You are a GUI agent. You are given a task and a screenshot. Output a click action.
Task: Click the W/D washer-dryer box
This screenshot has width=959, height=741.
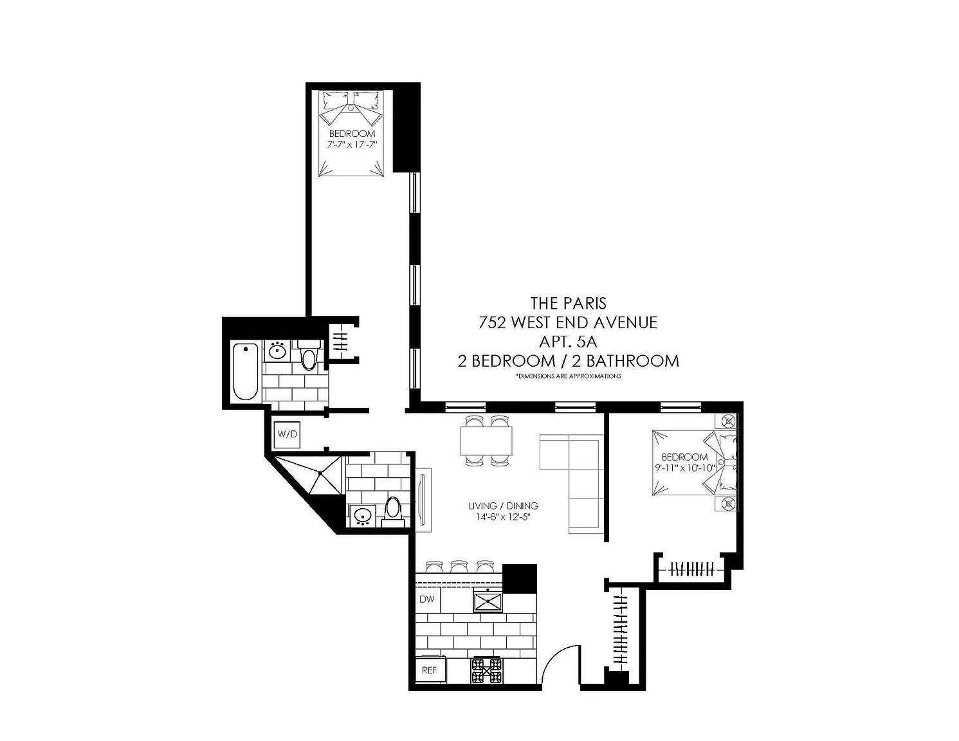288,434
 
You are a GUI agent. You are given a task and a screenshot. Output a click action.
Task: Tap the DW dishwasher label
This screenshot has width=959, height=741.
427,599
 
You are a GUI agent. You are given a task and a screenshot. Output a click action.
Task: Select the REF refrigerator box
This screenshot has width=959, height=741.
430,670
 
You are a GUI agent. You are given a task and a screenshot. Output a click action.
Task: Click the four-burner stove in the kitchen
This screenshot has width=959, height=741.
487,670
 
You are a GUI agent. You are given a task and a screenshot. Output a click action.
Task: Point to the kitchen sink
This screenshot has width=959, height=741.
488,601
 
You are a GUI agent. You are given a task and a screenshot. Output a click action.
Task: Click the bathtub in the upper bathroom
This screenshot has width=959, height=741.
245,371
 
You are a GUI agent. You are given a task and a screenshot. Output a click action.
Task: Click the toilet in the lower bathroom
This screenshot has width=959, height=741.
392,512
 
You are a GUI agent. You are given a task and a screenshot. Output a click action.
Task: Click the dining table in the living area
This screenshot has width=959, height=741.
486,441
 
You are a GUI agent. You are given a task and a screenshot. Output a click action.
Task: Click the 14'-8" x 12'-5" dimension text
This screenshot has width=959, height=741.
503,517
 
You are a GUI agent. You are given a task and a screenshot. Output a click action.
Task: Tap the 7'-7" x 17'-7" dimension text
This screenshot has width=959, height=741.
352,144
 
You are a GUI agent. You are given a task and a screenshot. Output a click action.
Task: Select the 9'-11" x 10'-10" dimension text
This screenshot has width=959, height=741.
684,468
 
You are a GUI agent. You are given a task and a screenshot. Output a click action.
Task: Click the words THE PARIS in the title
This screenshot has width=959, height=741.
569,303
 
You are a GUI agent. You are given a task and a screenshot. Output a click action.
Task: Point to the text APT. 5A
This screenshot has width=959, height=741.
569,342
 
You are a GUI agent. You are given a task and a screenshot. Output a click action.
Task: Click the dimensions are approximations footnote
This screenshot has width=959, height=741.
569,376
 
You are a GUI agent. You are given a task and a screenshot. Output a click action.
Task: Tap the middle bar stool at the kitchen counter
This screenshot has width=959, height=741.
459,565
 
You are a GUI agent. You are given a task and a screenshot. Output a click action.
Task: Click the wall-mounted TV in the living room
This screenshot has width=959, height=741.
424,500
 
